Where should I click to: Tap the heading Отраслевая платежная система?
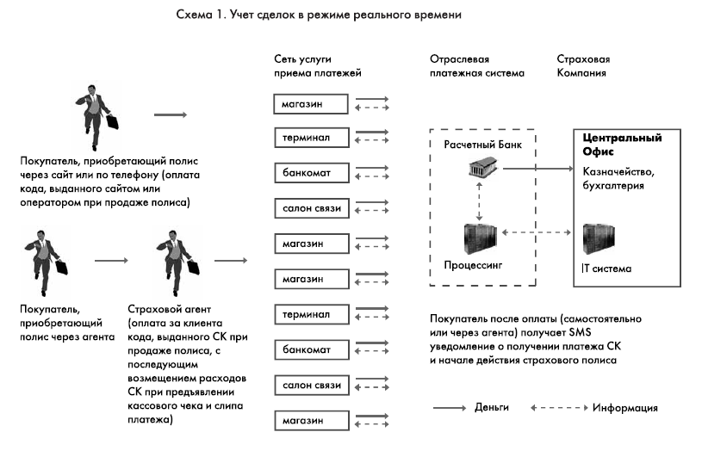pos(475,66)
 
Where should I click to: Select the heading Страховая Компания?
pos(582,66)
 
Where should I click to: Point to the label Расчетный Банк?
pos(478,144)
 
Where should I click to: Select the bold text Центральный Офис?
pos(622,145)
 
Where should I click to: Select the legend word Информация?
pos(625,407)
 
